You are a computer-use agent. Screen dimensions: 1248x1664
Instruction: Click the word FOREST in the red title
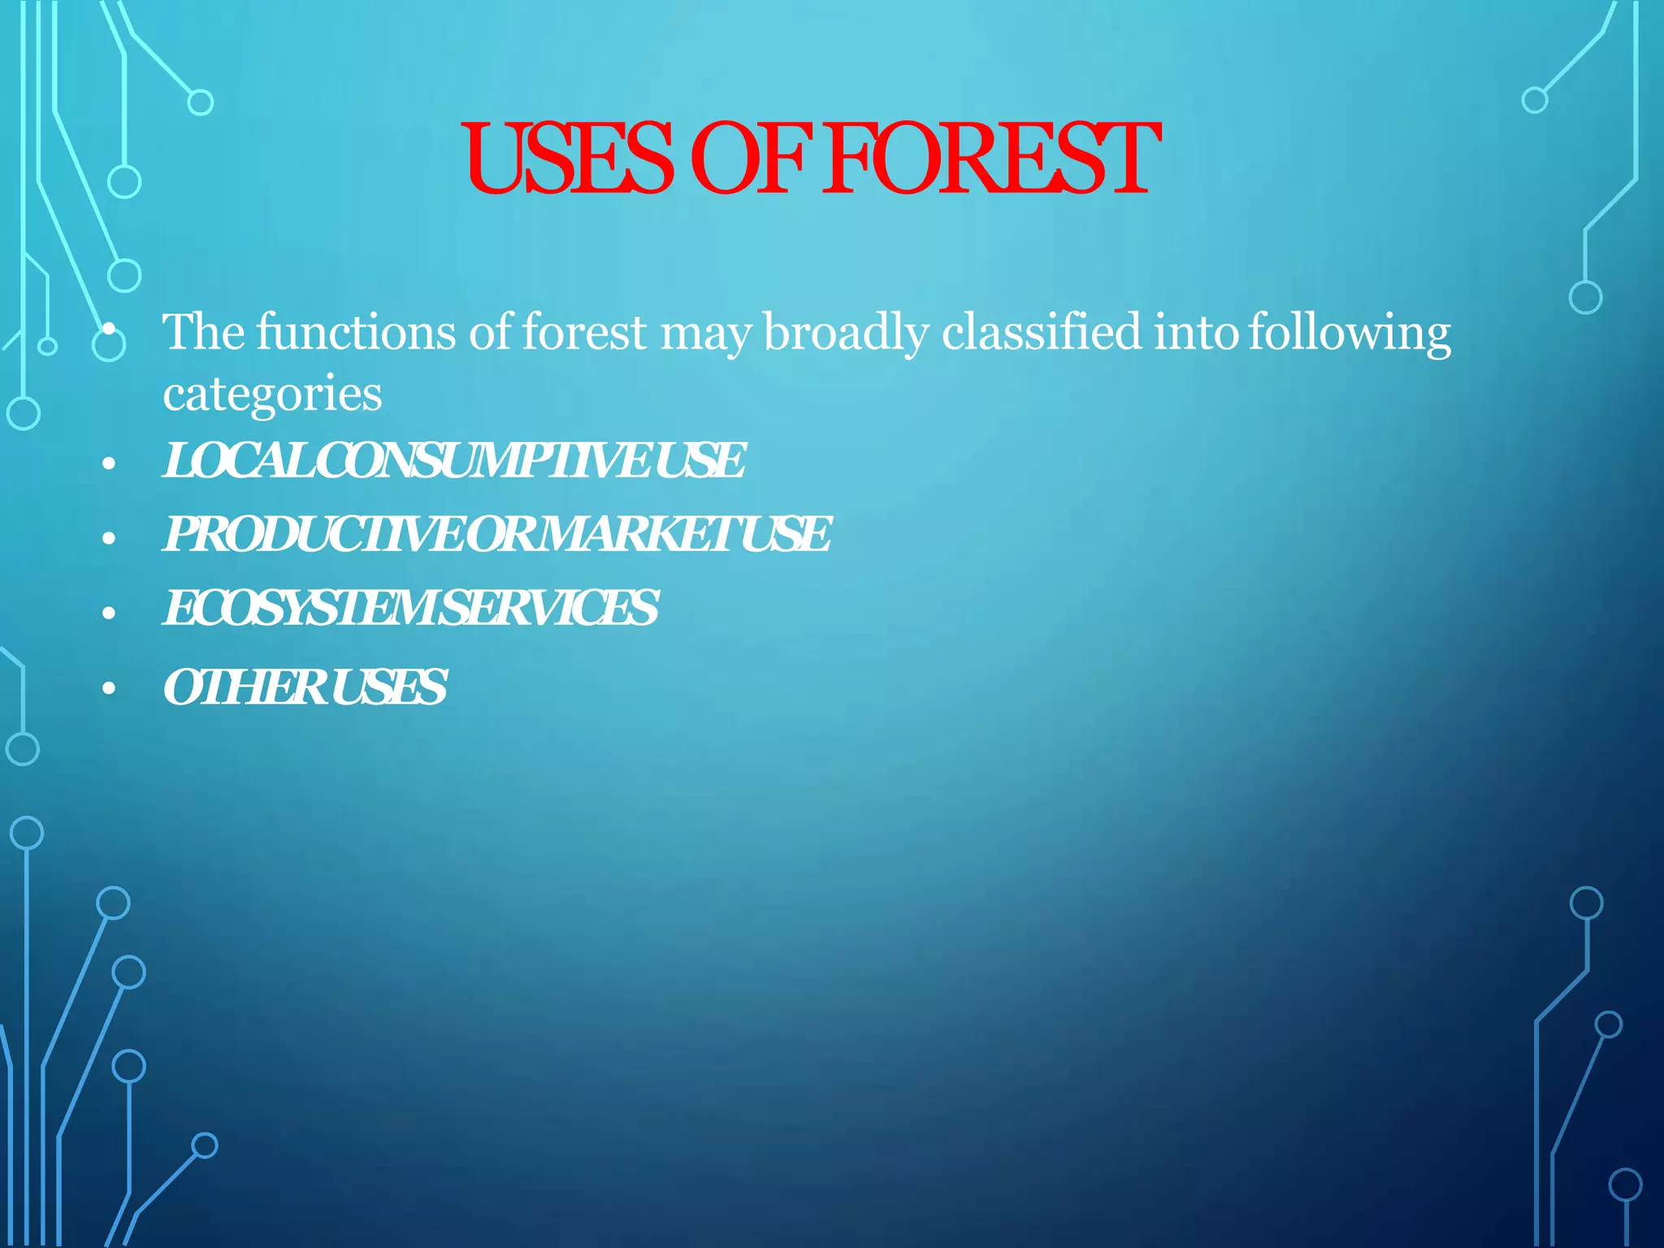coord(991,159)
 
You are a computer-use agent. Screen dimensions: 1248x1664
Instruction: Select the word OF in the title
coord(752,159)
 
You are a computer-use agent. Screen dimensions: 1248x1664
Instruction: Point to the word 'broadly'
coord(846,333)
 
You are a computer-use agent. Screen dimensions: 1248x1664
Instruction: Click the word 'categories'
coord(272,395)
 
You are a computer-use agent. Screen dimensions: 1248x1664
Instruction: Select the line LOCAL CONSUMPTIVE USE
coord(453,461)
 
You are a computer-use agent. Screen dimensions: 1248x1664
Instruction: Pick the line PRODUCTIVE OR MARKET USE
coord(496,535)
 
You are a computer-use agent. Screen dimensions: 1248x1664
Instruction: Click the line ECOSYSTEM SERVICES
coord(410,608)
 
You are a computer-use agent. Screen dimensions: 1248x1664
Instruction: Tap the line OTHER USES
coord(305,687)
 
